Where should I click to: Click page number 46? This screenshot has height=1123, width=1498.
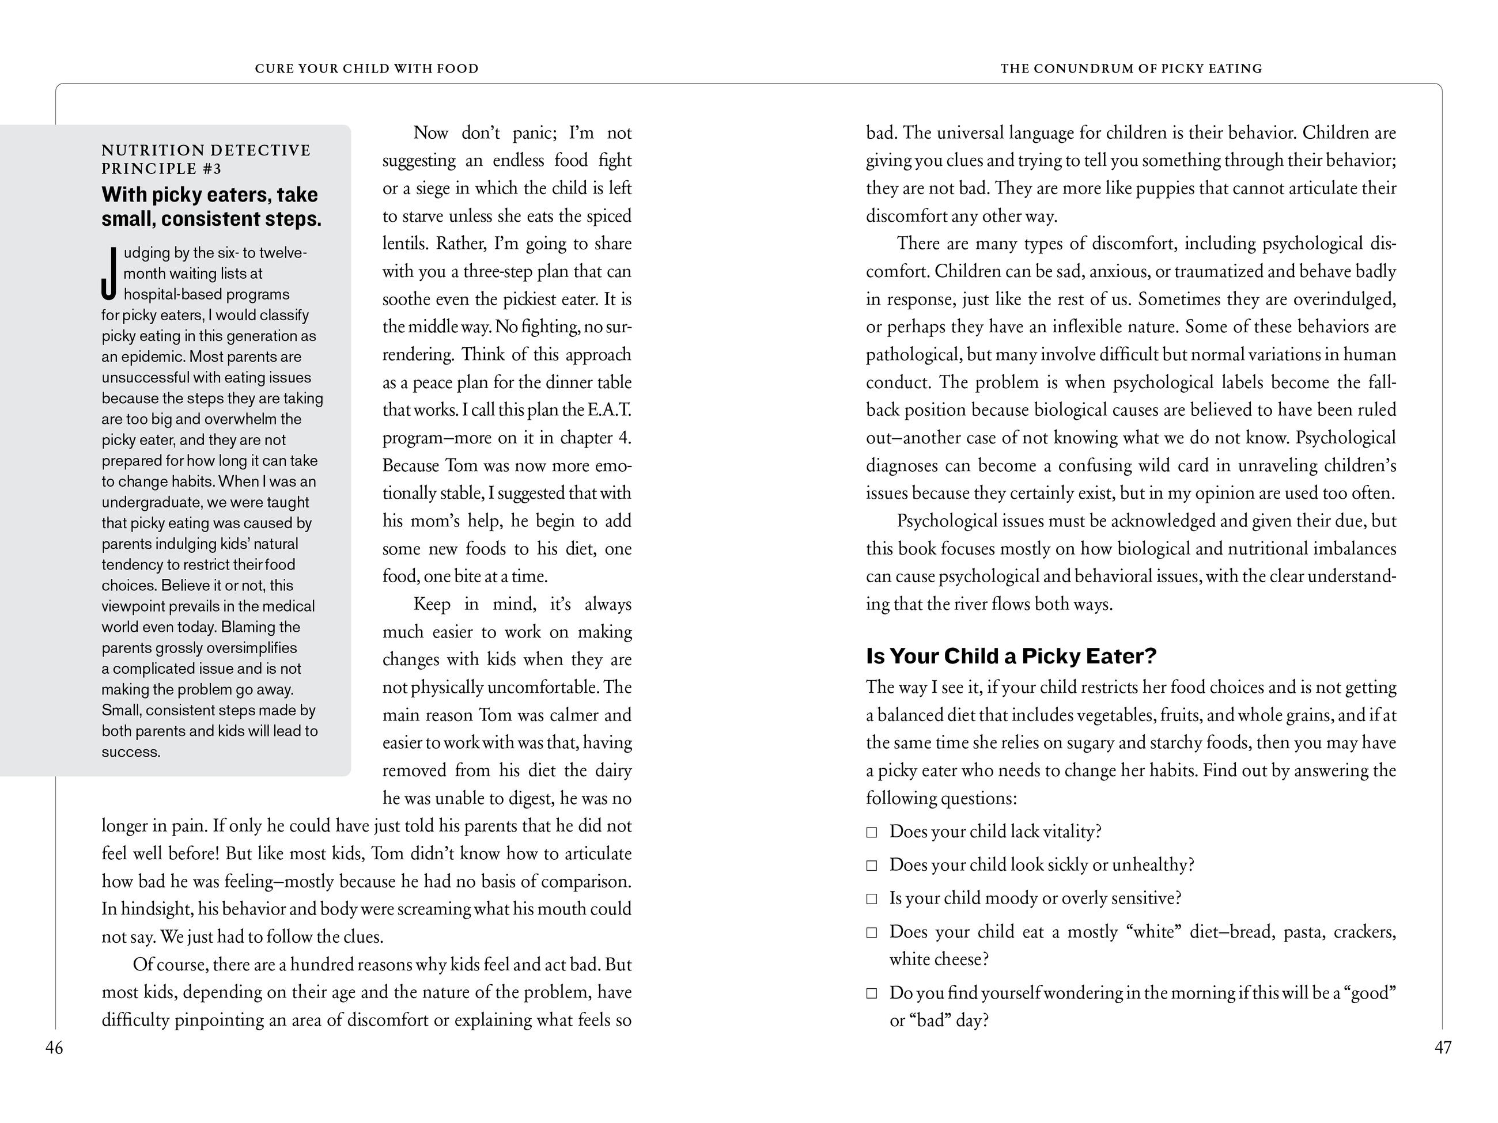54,1048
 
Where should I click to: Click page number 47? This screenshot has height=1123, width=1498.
1443,1048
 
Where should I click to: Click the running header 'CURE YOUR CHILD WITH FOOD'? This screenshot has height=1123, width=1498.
366,69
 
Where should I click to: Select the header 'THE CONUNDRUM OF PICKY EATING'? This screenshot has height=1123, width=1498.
1131,69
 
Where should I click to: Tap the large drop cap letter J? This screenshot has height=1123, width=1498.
109,274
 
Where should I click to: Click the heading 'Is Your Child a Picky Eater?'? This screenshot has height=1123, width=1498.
1011,656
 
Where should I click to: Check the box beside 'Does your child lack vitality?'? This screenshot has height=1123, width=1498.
872,833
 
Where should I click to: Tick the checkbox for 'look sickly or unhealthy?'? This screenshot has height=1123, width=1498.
872,866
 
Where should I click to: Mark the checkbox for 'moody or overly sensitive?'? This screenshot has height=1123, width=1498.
872,899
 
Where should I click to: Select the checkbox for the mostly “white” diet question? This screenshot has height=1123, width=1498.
872,933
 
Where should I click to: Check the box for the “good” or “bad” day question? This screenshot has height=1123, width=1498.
872,993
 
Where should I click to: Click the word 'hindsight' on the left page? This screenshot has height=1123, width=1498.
158,909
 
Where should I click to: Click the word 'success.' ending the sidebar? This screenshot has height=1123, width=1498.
131,752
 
